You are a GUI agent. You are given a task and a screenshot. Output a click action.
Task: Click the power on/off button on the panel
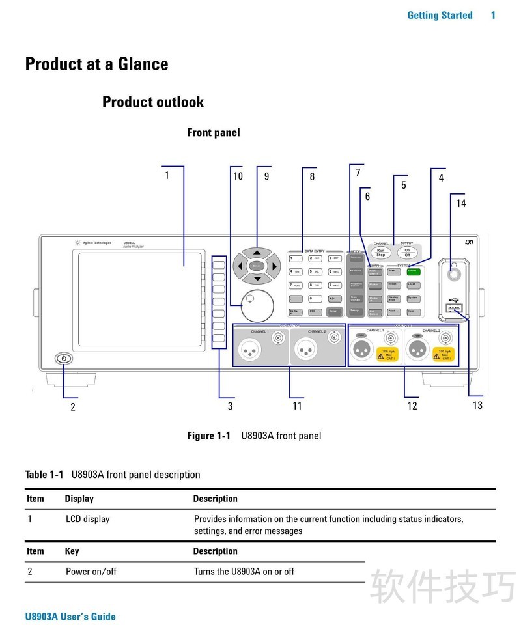click(x=64, y=359)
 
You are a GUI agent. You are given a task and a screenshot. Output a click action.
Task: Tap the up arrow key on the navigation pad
click(x=257, y=253)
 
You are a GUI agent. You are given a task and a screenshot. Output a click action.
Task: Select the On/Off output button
click(x=407, y=253)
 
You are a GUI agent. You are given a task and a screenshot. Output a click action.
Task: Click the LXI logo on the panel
click(x=468, y=242)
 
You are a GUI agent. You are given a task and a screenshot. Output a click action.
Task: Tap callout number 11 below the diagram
click(x=297, y=406)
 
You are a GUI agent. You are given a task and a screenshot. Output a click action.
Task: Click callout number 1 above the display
click(x=167, y=175)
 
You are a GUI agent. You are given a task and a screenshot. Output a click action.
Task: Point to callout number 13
click(x=477, y=405)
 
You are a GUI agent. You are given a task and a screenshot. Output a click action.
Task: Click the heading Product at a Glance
click(x=96, y=64)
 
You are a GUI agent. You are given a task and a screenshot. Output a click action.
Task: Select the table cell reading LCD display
click(x=87, y=519)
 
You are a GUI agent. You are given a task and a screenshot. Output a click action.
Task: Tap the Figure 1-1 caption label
click(x=208, y=436)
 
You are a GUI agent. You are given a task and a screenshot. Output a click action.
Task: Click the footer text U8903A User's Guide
click(x=70, y=617)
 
